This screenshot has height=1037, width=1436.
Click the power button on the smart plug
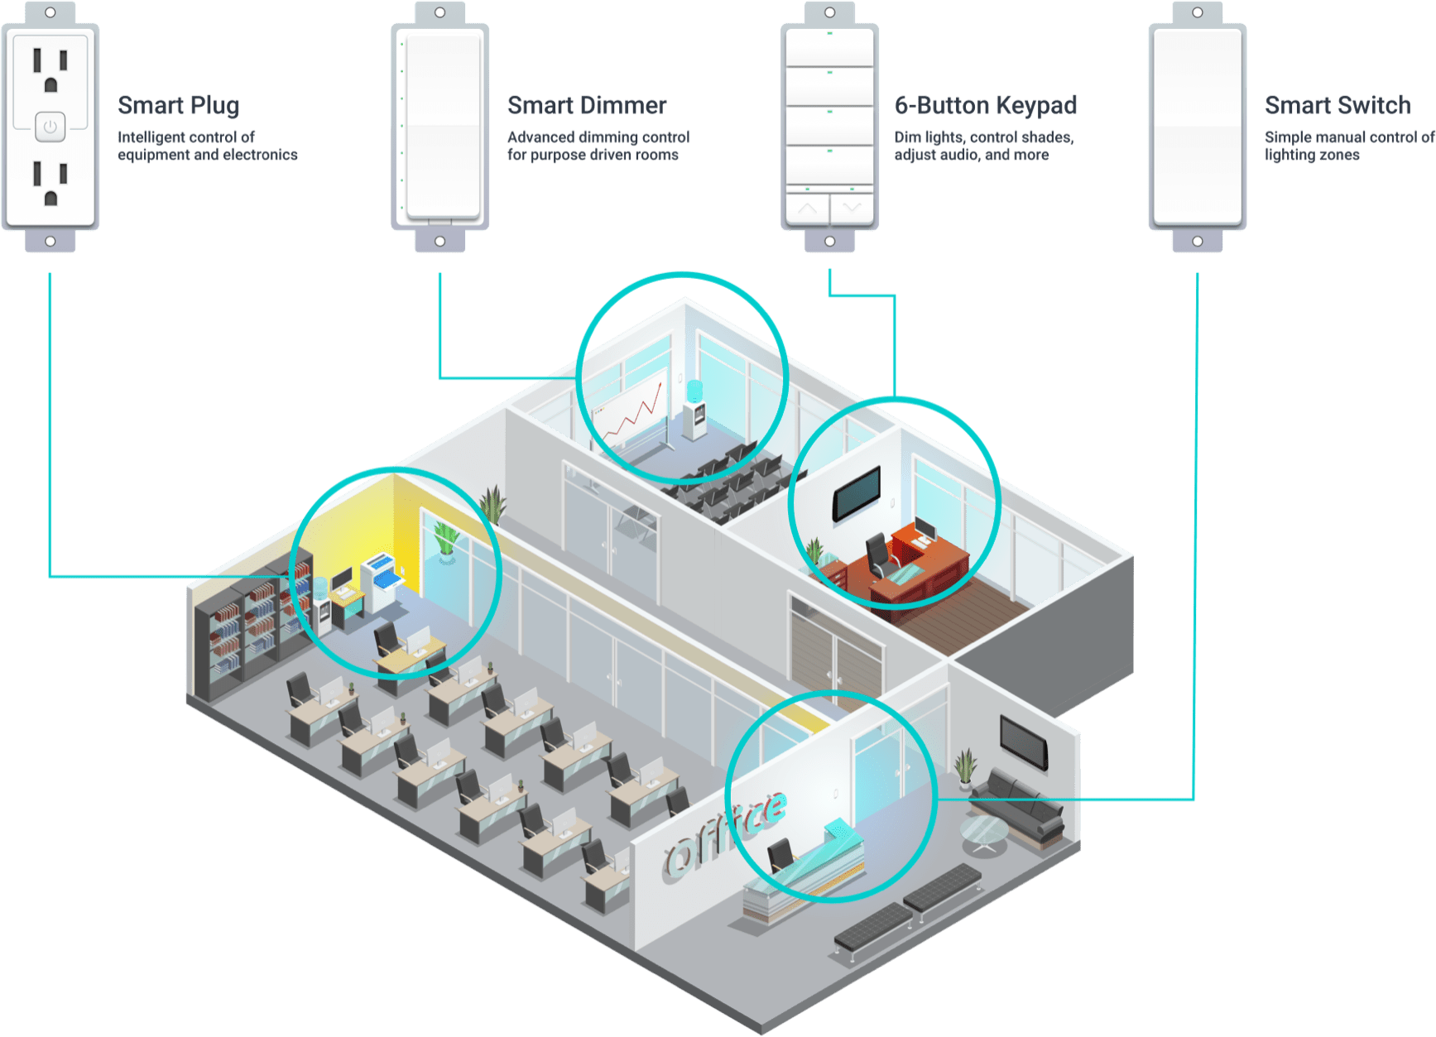pyautogui.click(x=50, y=127)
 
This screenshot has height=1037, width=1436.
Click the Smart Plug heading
pyautogui.click(x=179, y=105)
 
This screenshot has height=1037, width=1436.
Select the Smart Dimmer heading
pyautogui.click(x=587, y=105)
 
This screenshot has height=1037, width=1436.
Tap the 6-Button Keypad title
pyautogui.click(x=986, y=105)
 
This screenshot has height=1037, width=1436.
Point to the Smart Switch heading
pyautogui.click(x=1338, y=105)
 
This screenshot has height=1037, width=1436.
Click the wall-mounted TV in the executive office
pyautogui.click(x=857, y=493)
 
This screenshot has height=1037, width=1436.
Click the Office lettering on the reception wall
pyautogui.click(x=724, y=832)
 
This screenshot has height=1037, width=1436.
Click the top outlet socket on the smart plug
pyautogui.click(x=50, y=70)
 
